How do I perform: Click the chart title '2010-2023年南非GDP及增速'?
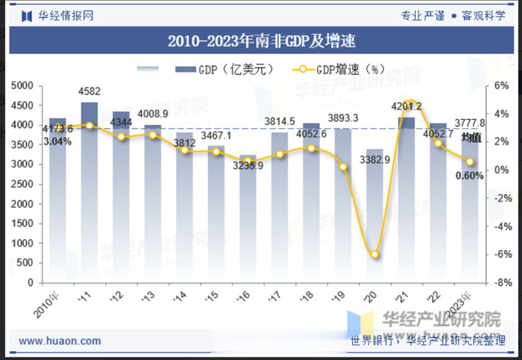point(261,39)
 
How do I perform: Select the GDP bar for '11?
point(89,192)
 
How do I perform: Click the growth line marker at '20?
point(375,255)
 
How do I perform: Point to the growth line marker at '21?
point(410,104)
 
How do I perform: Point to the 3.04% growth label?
point(57,141)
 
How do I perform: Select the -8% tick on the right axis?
point(502,282)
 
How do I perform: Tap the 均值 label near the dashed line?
point(471,138)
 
